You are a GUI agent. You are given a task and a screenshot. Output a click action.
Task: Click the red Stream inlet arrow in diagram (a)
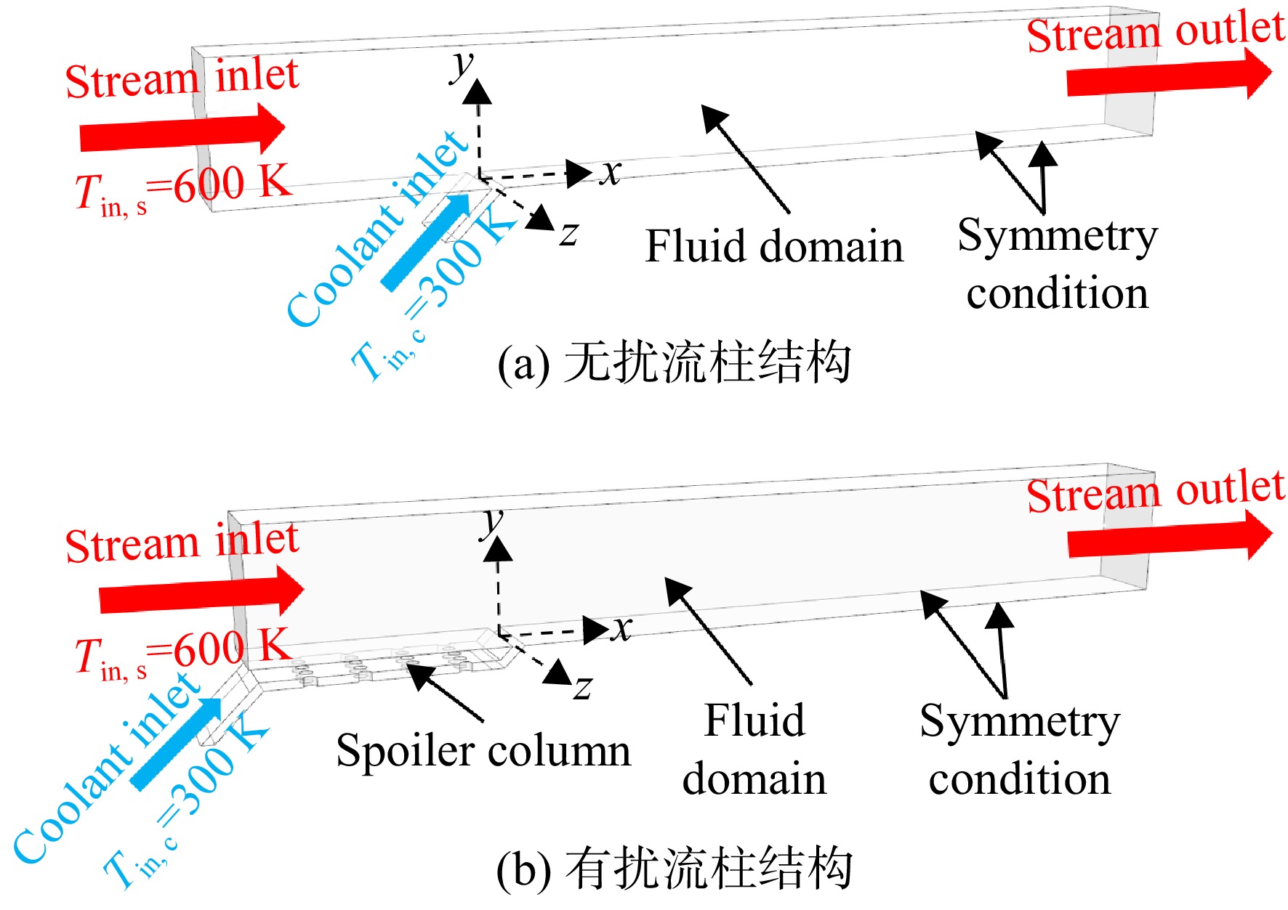click(182, 131)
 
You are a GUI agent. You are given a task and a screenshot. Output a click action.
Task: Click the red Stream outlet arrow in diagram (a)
click(1170, 75)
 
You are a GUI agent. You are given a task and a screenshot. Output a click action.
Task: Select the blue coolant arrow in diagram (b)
click(177, 744)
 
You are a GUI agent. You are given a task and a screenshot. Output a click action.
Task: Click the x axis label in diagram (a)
click(611, 173)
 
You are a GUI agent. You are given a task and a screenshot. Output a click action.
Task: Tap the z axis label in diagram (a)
click(569, 234)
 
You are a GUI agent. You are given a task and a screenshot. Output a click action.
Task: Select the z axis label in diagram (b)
click(583, 687)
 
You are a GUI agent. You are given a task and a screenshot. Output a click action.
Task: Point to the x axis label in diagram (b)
click(621, 629)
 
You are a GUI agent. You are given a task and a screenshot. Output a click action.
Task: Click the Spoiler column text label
click(483, 750)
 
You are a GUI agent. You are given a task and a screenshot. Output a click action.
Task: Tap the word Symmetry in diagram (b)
click(1020, 723)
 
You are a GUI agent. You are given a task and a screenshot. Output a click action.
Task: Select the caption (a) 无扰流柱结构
click(675, 362)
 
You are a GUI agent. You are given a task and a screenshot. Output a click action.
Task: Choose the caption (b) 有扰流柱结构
click(675, 868)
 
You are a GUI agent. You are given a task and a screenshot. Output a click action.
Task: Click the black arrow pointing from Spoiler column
click(444, 691)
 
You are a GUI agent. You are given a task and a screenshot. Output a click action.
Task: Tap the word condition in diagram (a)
click(1058, 293)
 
